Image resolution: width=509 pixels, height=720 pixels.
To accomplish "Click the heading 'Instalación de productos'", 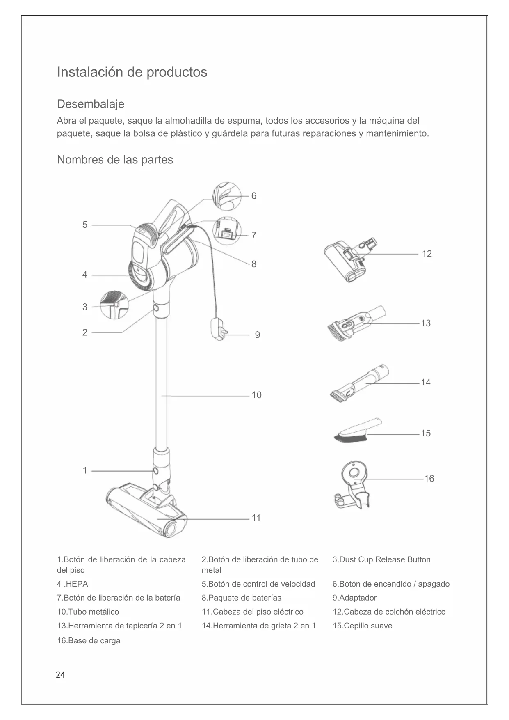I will coord(132,72).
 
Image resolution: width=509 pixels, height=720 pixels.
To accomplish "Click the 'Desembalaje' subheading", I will coord(90,104).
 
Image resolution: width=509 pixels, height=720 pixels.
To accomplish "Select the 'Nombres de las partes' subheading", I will coord(115,160).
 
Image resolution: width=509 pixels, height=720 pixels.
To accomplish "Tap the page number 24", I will coord(60,675).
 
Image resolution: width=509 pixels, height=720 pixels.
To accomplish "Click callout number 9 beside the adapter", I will coord(257,335).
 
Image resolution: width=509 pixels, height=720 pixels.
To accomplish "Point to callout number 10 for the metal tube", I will coord(256,395).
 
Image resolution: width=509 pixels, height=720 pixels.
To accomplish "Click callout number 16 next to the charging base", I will coord(429,479).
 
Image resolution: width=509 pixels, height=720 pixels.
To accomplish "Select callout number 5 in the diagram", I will coord(85,225).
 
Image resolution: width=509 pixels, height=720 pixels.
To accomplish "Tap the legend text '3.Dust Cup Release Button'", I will coord(381,559).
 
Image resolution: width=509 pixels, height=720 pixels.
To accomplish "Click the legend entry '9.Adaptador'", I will coord(354,598).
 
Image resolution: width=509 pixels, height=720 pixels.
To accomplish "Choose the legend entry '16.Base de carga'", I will coord(89,640).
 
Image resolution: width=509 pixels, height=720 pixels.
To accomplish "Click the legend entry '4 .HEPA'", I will coord(73,584).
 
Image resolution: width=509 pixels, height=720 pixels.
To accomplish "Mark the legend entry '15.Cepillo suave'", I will coord(362,626).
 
